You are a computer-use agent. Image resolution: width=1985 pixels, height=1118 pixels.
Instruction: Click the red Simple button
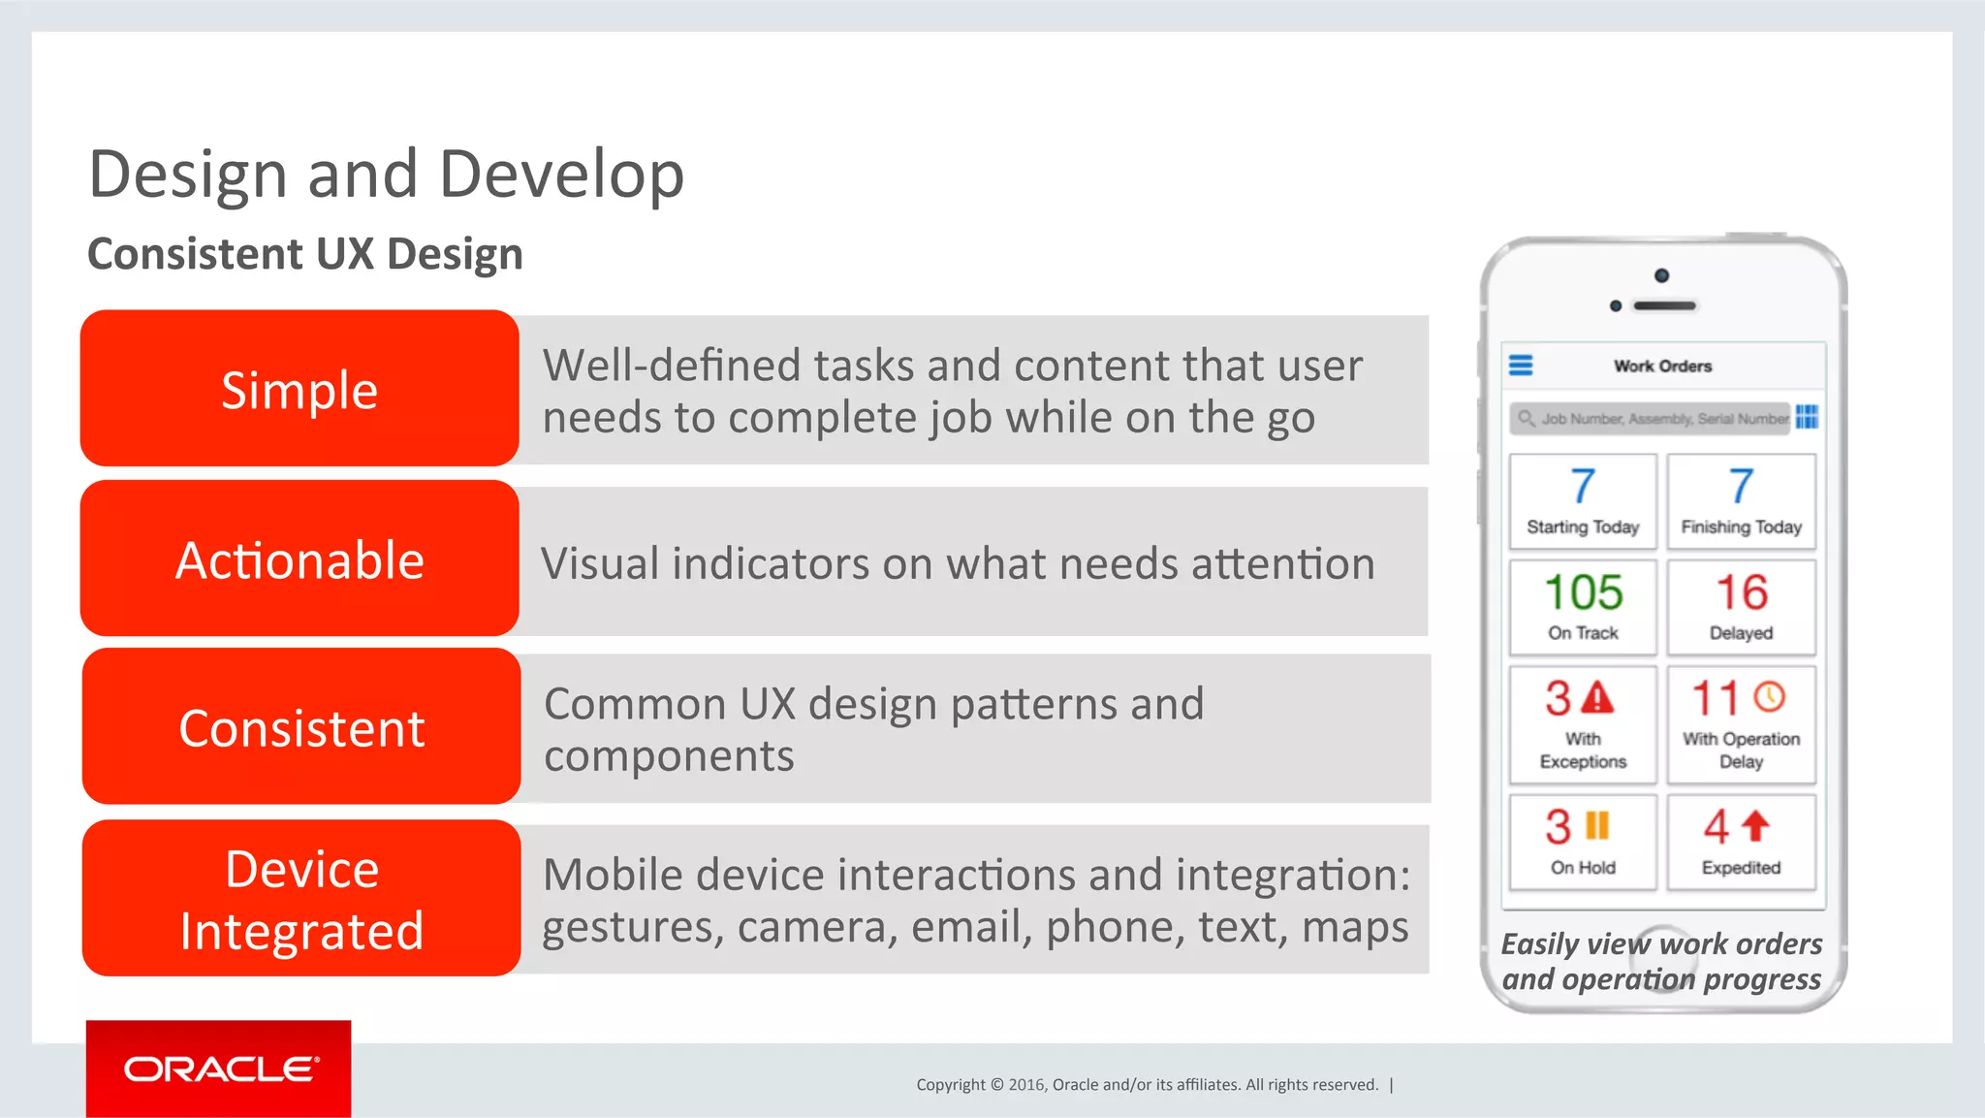pyautogui.click(x=299, y=389)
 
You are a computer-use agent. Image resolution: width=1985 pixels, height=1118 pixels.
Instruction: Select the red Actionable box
pyautogui.click(x=299, y=559)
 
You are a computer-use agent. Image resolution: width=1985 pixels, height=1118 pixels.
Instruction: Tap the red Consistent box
pyautogui.click(x=301, y=727)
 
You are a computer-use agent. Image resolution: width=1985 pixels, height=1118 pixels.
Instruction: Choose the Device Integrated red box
pyautogui.click(x=301, y=899)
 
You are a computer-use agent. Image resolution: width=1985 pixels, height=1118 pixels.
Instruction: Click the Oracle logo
pyautogui.click(x=219, y=1069)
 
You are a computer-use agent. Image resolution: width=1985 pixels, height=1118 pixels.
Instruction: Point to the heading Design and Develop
pyautogui.click(x=386, y=175)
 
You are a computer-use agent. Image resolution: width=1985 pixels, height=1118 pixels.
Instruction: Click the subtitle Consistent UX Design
pyautogui.click(x=305, y=254)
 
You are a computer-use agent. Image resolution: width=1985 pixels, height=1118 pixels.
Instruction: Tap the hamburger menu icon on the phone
pyautogui.click(x=1521, y=366)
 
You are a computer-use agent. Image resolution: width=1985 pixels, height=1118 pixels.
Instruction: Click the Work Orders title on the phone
pyautogui.click(x=1662, y=367)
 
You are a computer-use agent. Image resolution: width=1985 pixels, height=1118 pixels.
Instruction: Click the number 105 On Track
pyautogui.click(x=1583, y=592)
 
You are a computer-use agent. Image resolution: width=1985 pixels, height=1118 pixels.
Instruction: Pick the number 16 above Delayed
pyautogui.click(x=1742, y=592)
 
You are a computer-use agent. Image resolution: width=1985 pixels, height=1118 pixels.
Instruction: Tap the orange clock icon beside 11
pyautogui.click(x=1770, y=696)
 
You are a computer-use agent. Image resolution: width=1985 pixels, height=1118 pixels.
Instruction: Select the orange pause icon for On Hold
pyautogui.click(x=1597, y=826)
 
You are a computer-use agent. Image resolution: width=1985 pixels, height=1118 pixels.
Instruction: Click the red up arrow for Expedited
pyautogui.click(x=1756, y=826)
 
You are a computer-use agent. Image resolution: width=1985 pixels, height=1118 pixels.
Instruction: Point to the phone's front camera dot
pyautogui.click(x=1661, y=275)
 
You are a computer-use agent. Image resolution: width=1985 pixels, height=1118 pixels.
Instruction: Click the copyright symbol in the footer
pyautogui.click(x=996, y=1085)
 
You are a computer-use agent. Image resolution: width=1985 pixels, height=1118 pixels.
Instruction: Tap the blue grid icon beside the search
pyautogui.click(x=1807, y=417)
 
